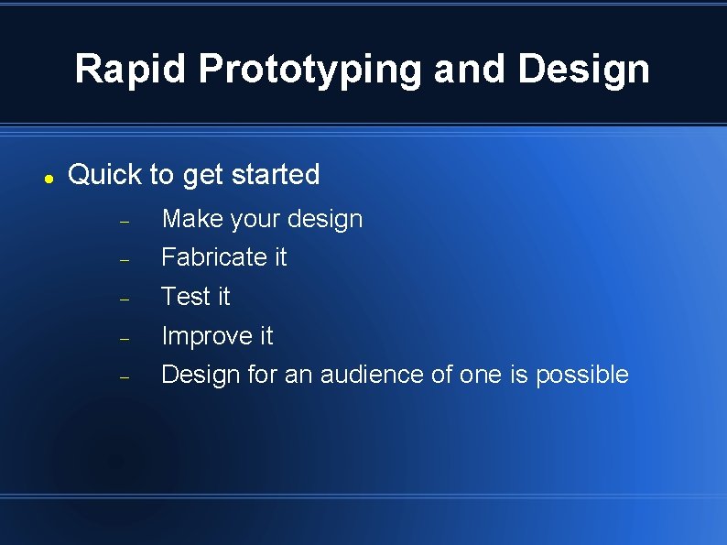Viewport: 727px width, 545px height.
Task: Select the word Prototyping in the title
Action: point(309,69)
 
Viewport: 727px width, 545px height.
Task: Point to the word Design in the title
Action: point(583,69)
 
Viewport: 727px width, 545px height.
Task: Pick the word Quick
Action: point(105,174)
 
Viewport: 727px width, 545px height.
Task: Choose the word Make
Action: point(192,219)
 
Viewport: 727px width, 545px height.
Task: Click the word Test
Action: point(182,297)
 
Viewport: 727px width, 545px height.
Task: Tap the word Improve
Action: point(206,336)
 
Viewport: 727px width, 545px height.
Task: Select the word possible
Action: point(582,375)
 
